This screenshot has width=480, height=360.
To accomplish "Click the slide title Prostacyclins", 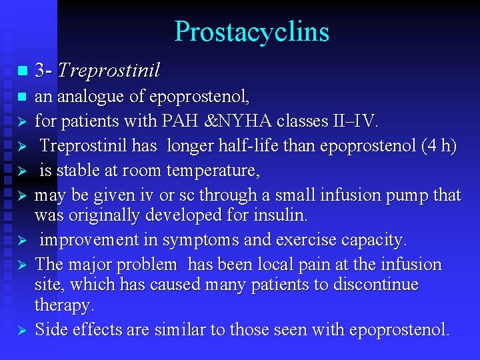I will [251, 32].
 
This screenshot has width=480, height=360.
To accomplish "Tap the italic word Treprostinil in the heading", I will [109, 70].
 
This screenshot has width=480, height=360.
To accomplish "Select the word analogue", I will [91, 97].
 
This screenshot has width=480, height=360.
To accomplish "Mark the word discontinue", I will [373, 285].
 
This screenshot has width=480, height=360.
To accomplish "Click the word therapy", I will [64, 305].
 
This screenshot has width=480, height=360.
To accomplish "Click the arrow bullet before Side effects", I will [21, 330].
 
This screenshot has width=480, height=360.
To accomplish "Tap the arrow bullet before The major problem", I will [21, 265].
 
